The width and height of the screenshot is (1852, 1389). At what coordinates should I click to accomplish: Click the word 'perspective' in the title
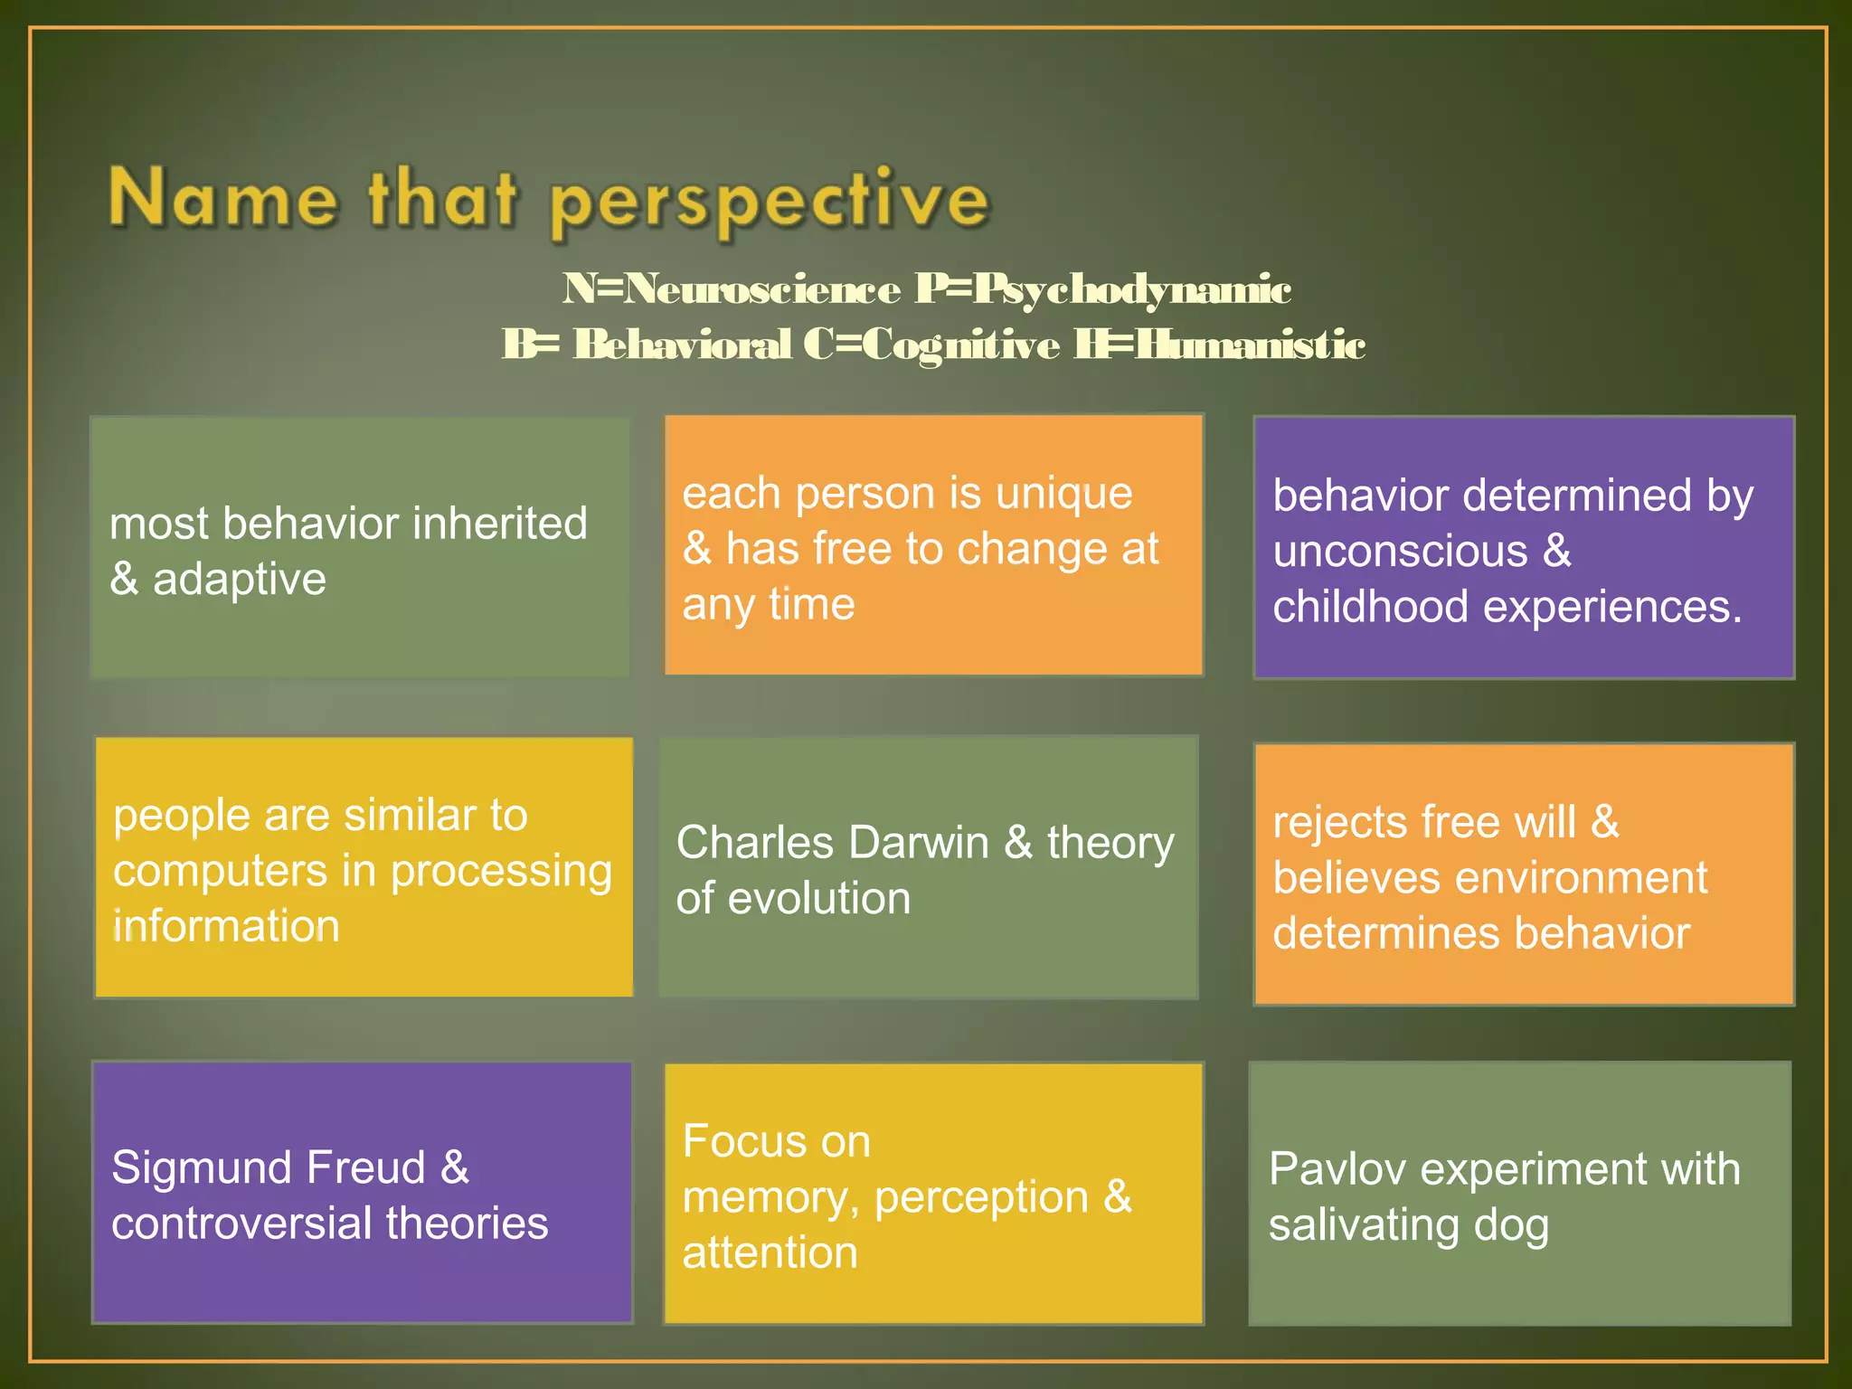pos(769,201)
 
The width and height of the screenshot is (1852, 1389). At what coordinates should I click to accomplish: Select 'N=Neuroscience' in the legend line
pos(731,289)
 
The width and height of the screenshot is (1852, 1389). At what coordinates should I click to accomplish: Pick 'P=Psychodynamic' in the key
pos(1102,289)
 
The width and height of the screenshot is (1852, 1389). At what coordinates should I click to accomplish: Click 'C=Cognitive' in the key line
pos(931,345)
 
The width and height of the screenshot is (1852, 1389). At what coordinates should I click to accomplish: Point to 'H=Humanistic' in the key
pos(1219,345)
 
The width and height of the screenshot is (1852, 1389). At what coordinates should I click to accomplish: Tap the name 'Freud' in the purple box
pos(366,1167)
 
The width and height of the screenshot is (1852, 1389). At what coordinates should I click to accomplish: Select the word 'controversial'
pos(241,1224)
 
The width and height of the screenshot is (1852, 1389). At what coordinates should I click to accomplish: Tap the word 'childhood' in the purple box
pos(1370,607)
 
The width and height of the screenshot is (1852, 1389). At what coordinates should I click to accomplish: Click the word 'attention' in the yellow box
pos(770,1253)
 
